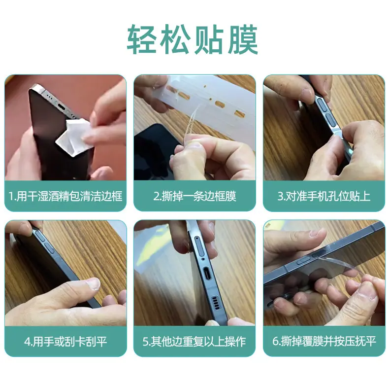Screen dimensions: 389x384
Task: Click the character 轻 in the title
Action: pyautogui.click(x=142, y=39)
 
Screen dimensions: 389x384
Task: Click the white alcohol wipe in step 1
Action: pyautogui.click(x=72, y=137)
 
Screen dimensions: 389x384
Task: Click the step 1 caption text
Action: pyautogui.click(x=65, y=196)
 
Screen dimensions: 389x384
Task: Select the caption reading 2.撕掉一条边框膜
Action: pyautogui.click(x=194, y=196)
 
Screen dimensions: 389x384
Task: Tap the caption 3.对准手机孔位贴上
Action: pyautogui.click(x=324, y=196)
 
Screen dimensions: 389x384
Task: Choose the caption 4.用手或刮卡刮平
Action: pyautogui.click(x=65, y=342)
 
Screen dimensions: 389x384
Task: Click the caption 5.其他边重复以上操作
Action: pyautogui.click(x=194, y=342)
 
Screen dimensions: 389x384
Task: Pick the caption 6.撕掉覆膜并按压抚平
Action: pyautogui.click(x=324, y=342)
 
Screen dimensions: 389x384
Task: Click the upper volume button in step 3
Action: pyautogui.click(x=322, y=104)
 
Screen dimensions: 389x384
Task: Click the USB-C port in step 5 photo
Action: pyautogui.click(x=207, y=274)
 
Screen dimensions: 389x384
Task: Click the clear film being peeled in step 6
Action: pyautogui.click(x=340, y=267)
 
